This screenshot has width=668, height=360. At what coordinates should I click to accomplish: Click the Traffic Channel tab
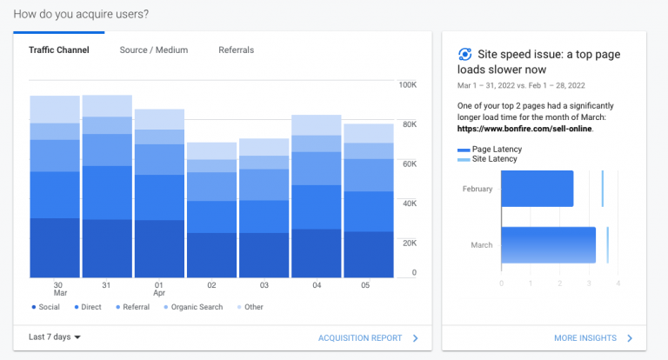click(x=58, y=50)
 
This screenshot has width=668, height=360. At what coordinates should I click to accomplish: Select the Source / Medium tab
click(x=153, y=50)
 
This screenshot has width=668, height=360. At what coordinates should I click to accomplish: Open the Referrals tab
click(x=236, y=50)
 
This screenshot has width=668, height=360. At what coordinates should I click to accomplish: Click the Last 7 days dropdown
click(x=54, y=337)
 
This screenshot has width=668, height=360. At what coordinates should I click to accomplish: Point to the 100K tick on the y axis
click(x=407, y=85)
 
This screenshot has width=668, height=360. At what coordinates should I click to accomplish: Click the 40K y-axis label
click(x=408, y=203)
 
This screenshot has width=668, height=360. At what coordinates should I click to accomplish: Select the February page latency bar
click(x=537, y=189)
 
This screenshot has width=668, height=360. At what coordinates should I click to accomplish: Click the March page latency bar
click(x=548, y=245)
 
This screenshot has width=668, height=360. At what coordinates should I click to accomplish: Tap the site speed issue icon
click(x=465, y=54)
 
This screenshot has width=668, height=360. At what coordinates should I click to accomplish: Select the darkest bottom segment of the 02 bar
click(x=211, y=255)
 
